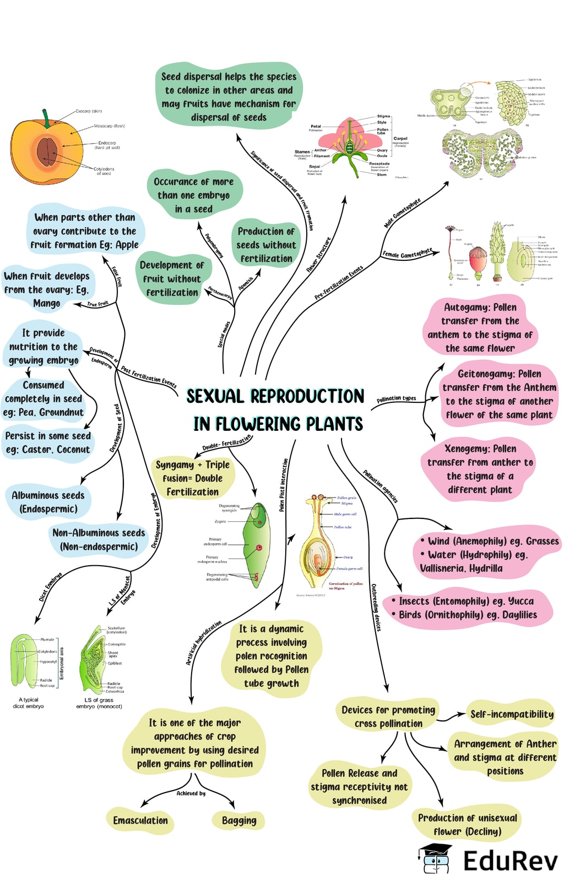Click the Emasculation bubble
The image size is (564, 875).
coord(140,821)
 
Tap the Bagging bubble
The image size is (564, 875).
coord(239,821)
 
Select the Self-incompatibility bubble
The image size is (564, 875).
coord(512,714)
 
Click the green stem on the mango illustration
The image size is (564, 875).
coord(47,118)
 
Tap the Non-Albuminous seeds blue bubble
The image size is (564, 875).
coord(99,539)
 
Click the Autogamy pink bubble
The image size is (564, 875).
coord(480,327)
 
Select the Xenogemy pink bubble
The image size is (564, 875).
coord(480,469)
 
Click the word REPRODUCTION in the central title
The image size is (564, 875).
coord(307,396)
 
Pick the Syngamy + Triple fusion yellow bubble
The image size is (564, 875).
coord(192,478)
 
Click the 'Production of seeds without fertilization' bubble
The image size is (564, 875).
coord(266,245)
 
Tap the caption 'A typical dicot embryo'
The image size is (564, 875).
coord(28,703)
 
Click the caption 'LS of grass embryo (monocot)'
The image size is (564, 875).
coord(99,703)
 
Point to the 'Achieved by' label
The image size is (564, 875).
coord(191,793)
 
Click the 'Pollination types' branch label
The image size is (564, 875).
coord(396,398)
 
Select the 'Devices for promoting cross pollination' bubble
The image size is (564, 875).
coord(388,717)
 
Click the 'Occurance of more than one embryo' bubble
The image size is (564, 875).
coord(193,195)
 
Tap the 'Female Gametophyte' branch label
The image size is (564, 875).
coord(408,253)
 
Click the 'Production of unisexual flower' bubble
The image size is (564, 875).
coord(467,824)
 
